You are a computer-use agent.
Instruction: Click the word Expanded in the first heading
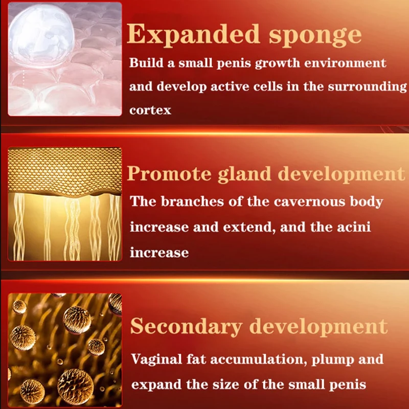[x=193, y=34]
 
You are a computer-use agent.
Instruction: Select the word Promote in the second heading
[x=169, y=173]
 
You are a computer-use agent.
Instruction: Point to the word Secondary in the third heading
[x=186, y=326]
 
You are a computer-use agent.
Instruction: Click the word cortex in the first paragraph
[x=150, y=110]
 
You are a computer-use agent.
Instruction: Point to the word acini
[x=353, y=226]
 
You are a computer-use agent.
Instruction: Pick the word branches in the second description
[x=193, y=201]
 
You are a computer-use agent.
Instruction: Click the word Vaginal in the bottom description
[x=156, y=359]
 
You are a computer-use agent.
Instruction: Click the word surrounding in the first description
[x=367, y=86]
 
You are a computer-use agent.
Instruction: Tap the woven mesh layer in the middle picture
[x=65, y=171]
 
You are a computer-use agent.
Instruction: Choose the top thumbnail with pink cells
[x=65, y=59]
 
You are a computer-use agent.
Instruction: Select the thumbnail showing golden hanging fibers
[x=65, y=204]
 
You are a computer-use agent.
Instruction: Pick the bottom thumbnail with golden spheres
[x=65, y=350]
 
